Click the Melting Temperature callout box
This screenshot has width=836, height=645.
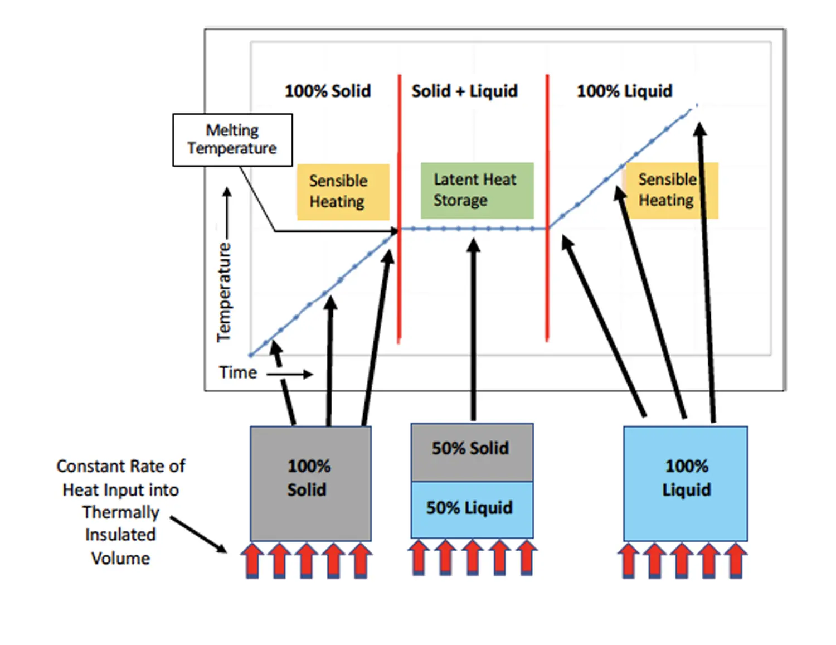(x=232, y=140)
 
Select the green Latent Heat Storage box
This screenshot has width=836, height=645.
(x=477, y=191)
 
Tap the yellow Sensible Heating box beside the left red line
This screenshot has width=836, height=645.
(x=343, y=192)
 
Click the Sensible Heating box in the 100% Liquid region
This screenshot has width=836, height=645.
(x=672, y=191)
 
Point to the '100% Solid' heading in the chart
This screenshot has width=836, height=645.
(x=328, y=91)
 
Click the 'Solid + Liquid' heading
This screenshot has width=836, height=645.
(x=465, y=91)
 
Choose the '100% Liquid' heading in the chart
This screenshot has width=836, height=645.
(x=624, y=91)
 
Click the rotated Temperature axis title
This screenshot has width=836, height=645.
(x=223, y=292)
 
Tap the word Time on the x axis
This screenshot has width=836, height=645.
(x=238, y=372)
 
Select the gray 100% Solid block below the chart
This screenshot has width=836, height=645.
(x=310, y=483)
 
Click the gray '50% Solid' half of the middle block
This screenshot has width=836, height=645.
(x=472, y=453)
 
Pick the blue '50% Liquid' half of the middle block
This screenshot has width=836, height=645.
(x=472, y=510)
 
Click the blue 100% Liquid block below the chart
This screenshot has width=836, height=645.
(x=686, y=483)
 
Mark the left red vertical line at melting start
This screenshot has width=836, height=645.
(x=400, y=208)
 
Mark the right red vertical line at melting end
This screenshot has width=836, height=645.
(x=547, y=208)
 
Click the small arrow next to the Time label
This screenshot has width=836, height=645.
(x=290, y=374)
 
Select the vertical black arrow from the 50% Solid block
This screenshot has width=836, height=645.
(x=473, y=329)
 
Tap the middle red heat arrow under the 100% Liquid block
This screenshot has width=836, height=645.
(x=682, y=560)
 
